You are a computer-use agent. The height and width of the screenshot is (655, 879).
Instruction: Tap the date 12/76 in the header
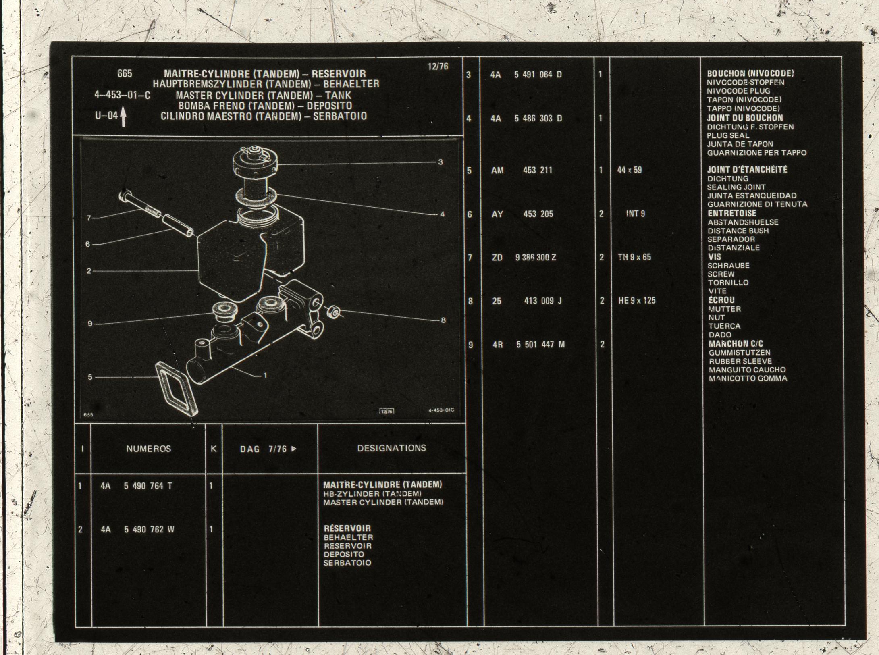coord(438,67)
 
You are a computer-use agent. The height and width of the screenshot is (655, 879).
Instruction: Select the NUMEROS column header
coord(149,449)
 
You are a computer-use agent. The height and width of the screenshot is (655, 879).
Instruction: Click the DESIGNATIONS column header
coord(391,448)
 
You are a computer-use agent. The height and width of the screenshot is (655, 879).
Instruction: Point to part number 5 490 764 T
coord(148,486)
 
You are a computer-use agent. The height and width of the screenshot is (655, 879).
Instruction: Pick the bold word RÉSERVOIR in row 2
coord(347,528)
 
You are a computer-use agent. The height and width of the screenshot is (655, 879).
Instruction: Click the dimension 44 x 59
coord(629,170)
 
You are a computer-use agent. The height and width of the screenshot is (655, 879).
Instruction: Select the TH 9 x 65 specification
coord(635,257)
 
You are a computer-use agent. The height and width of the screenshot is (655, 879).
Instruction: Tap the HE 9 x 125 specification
coord(637,301)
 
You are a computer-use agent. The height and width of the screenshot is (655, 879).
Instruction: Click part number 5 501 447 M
coord(540,345)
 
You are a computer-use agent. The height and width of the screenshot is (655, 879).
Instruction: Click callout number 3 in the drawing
coord(441,162)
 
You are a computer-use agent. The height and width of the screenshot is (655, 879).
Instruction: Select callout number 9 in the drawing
coord(90,324)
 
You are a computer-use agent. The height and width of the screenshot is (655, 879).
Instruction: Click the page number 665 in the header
coord(125,74)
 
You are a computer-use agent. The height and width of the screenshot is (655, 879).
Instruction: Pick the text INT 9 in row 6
coord(636,214)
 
